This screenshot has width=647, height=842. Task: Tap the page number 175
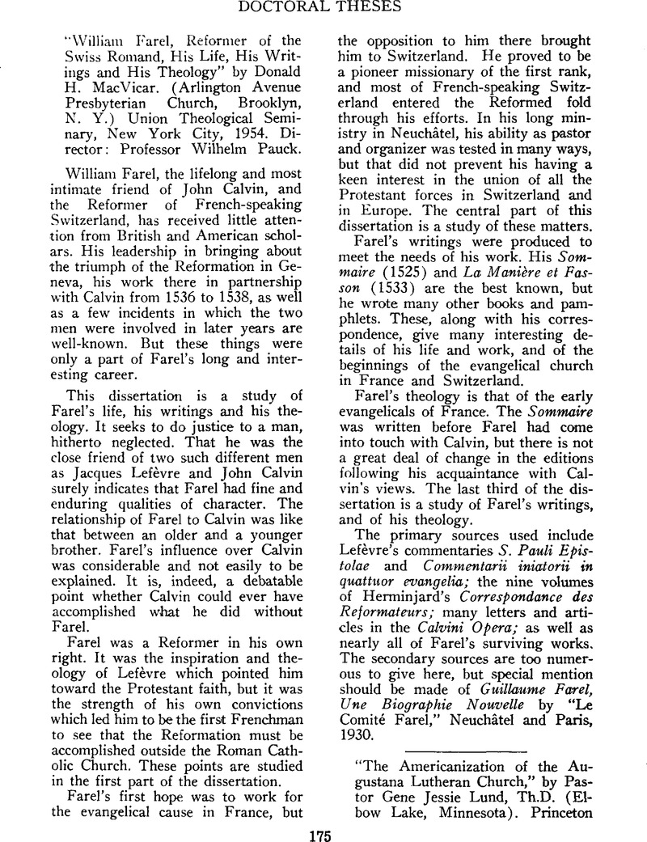click(323, 831)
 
